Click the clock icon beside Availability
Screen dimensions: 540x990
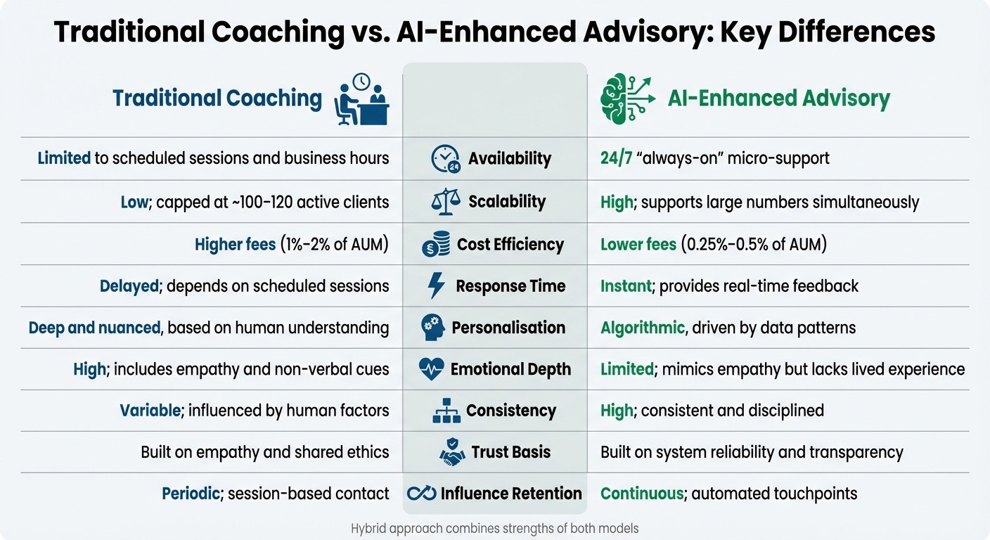[444, 159]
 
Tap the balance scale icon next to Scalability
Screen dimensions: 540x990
[445, 202]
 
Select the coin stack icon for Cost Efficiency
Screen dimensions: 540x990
[436, 245]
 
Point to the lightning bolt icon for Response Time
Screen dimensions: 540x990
[437, 286]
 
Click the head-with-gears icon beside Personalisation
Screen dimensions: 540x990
[433, 328]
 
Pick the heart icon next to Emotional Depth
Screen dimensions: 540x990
[431, 369]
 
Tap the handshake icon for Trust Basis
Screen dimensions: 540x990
[452, 452]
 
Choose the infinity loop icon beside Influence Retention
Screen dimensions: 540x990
[422, 494]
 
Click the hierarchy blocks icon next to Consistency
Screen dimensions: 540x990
[446, 411]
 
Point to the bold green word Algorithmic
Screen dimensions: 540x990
[642, 328]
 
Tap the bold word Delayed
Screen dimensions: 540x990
[129, 286]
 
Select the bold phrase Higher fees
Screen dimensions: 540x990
[235, 245]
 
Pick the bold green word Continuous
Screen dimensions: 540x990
[641, 494]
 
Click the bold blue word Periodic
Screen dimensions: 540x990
[191, 494]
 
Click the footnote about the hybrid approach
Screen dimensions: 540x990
[494, 528]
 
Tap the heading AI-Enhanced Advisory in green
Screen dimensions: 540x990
[778, 98]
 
